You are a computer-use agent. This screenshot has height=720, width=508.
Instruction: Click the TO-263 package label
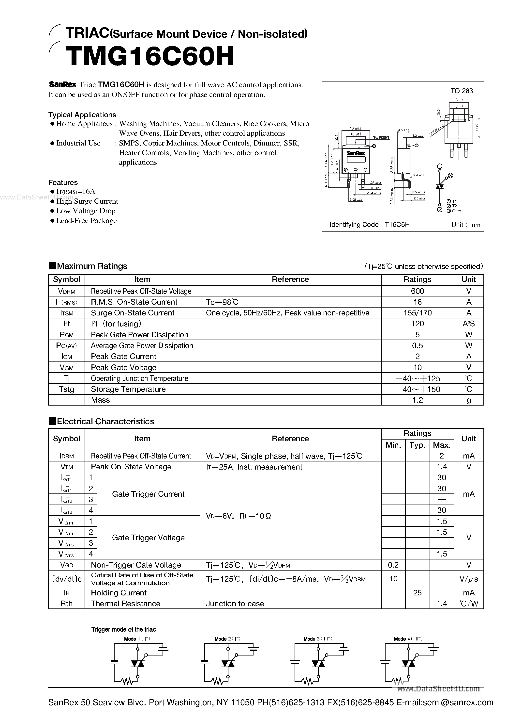[x=462, y=91]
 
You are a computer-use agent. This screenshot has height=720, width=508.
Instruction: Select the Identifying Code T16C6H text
[x=370, y=225]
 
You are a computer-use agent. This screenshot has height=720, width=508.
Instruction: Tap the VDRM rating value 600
[x=417, y=291]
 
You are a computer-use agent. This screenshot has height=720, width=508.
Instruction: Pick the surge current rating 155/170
[x=417, y=313]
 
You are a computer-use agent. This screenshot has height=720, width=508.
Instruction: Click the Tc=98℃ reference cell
[x=222, y=302]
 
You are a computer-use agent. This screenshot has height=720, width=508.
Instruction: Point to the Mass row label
[x=100, y=400]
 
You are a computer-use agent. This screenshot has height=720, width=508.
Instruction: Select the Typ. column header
[x=417, y=445]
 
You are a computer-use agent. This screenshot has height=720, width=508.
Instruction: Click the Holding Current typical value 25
[x=417, y=593]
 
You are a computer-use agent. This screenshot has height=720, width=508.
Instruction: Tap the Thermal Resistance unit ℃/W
[x=469, y=604]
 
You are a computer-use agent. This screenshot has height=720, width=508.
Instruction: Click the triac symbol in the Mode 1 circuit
[x=137, y=664]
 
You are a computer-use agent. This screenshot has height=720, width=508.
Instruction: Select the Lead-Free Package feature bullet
[x=86, y=221]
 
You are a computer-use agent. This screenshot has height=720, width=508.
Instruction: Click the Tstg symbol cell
[x=66, y=389]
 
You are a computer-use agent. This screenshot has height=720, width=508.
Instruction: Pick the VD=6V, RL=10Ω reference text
[x=238, y=516]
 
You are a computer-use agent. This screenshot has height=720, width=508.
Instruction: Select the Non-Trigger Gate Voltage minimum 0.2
[x=393, y=565]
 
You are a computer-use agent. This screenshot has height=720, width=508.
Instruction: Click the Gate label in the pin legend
[x=456, y=211]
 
